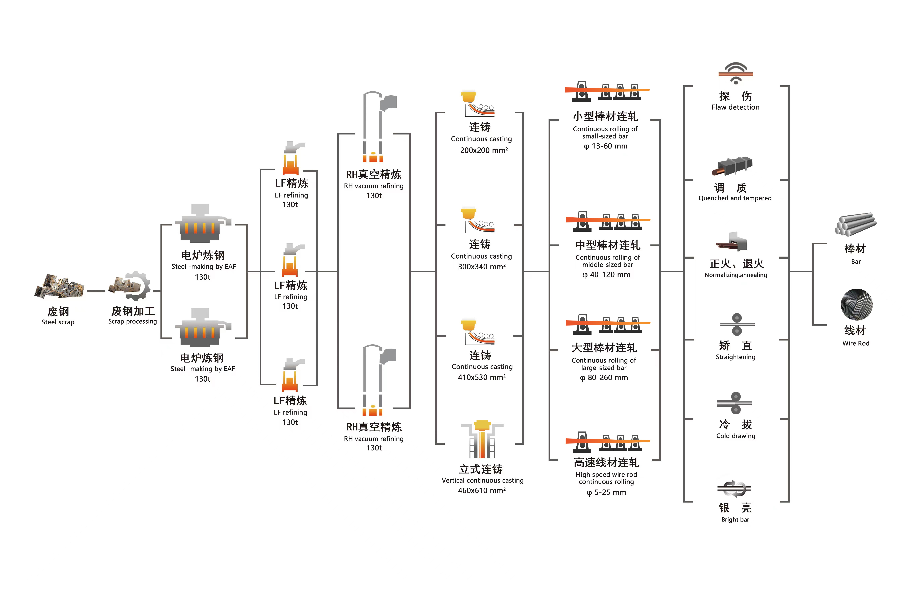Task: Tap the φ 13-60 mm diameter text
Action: (x=606, y=146)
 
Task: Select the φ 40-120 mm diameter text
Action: (x=606, y=275)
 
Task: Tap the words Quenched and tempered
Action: (x=735, y=198)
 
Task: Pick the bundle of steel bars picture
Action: (x=856, y=224)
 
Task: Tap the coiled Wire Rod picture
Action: (x=857, y=304)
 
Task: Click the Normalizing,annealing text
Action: (x=736, y=275)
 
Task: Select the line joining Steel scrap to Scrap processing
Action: (x=96, y=291)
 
